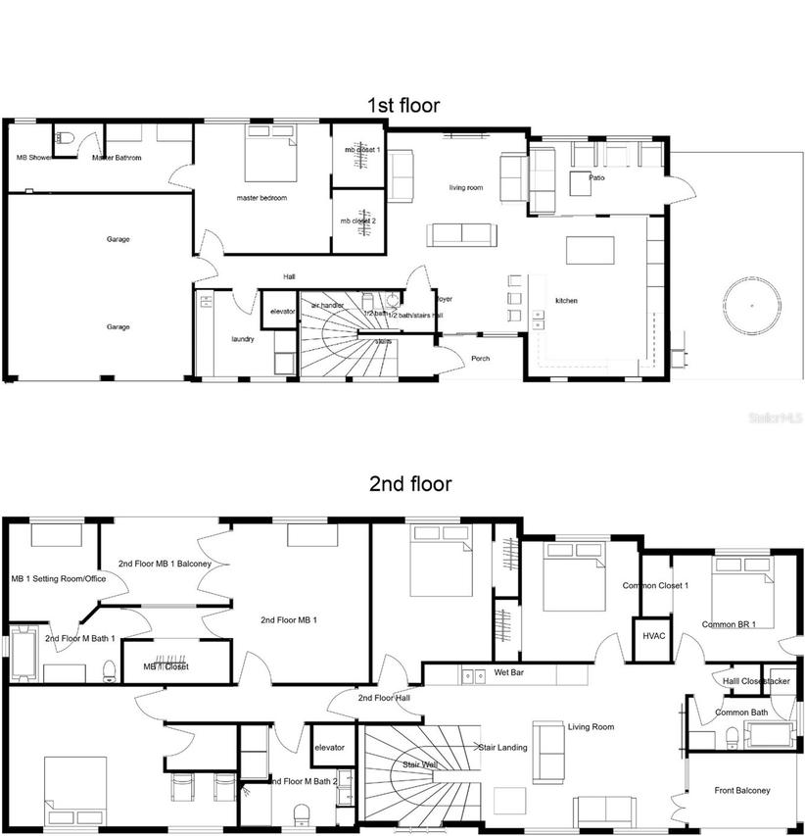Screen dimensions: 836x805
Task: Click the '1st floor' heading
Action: (402, 105)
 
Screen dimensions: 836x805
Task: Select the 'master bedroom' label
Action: (261, 198)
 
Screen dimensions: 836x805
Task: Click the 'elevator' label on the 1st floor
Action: (282, 311)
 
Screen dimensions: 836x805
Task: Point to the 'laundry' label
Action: (243, 339)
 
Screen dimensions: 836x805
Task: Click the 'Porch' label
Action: (480, 359)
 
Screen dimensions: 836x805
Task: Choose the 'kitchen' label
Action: (568, 300)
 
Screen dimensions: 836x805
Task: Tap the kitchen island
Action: (590, 251)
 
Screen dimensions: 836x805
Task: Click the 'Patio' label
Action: (596, 178)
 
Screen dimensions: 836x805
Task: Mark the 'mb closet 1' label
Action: (360, 150)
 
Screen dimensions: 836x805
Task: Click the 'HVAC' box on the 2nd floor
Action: (653, 635)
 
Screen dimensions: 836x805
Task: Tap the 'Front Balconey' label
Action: (741, 790)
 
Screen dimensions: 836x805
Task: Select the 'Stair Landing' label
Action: (502, 747)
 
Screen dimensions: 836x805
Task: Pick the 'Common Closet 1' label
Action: (655, 586)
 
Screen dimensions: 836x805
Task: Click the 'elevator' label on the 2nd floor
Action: (329, 748)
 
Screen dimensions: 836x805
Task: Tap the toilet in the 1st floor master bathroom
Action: (64, 138)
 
